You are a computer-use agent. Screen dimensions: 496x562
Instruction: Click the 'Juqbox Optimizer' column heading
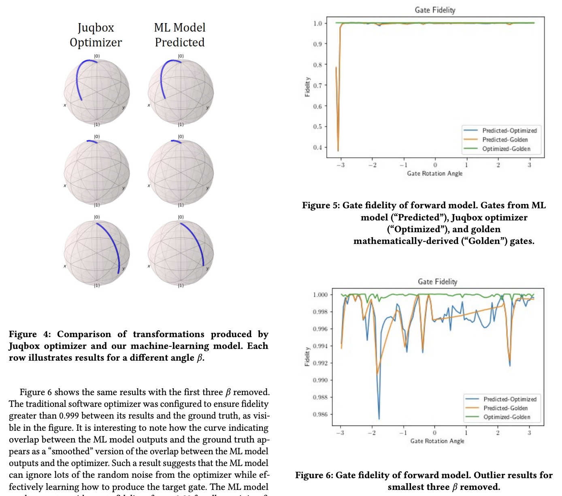point(96,35)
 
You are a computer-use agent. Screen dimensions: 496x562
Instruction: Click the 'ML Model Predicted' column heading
point(180,35)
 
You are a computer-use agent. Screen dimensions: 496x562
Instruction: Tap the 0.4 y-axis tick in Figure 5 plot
point(317,148)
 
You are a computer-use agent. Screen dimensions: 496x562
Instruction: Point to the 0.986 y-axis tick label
point(320,414)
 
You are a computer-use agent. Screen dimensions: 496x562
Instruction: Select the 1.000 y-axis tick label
point(320,295)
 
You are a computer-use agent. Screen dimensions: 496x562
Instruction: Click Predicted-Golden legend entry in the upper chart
point(505,140)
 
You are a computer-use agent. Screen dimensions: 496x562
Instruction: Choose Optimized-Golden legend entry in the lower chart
point(506,417)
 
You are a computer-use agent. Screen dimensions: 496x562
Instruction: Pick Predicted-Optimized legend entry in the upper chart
point(509,130)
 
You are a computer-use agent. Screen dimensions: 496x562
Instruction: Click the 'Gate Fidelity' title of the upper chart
point(435,10)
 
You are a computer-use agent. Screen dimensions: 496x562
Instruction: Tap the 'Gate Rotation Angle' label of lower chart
point(437,441)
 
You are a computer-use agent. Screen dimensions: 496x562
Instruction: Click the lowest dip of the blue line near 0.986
point(379,419)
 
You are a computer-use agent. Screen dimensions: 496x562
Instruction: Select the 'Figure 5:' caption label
point(321,205)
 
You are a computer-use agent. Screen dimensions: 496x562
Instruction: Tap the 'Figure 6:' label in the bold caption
point(314,475)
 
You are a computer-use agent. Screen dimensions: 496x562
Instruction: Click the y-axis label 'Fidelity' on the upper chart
point(307,87)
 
